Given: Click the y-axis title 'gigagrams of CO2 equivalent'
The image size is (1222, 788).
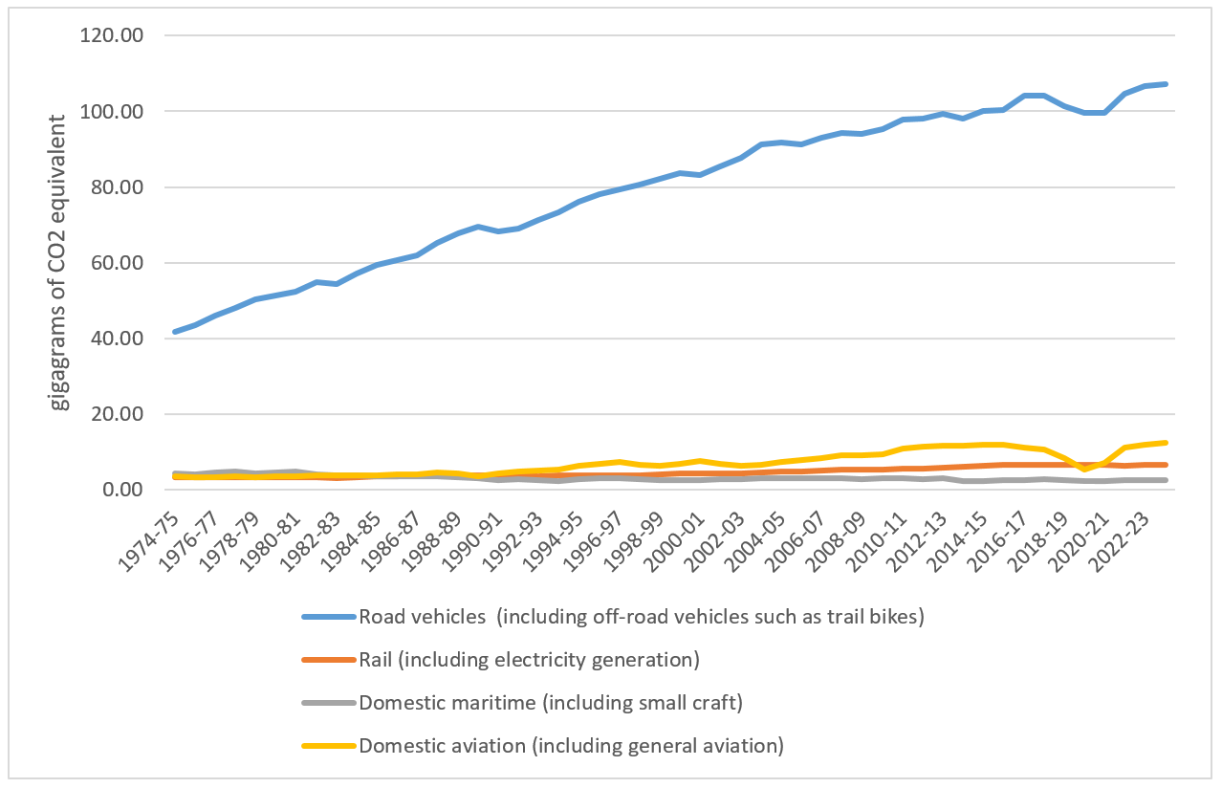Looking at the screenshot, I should pyautogui.click(x=60, y=262).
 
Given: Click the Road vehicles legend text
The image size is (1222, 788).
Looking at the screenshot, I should pyautogui.click(x=641, y=617).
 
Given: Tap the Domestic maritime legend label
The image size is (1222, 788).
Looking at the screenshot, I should pyautogui.click(x=551, y=703).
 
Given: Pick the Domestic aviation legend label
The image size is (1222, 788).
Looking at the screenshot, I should pyautogui.click(x=571, y=746).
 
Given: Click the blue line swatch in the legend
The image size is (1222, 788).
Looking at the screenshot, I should pyautogui.click(x=328, y=617).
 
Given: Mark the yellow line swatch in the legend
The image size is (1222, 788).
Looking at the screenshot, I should pyautogui.click(x=328, y=746).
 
